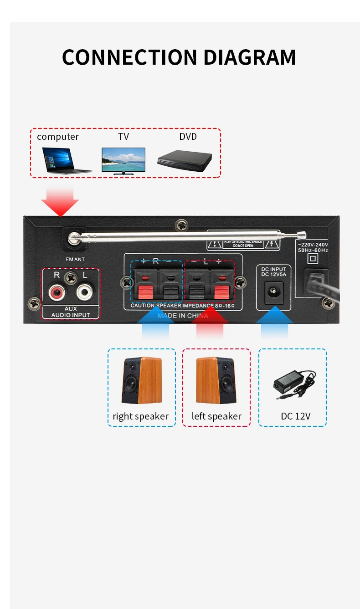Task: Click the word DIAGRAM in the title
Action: [249, 58]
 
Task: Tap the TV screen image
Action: [123, 160]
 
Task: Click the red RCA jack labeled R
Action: [58, 291]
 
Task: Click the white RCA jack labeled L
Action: [85, 291]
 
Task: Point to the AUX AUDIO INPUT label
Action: [71, 312]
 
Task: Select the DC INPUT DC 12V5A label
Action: [273, 271]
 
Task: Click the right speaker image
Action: [141, 380]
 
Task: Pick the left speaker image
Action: [216, 380]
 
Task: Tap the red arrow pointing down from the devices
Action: [60, 202]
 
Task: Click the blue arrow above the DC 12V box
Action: [274, 324]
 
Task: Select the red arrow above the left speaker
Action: [210, 324]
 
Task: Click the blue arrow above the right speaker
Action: [155, 324]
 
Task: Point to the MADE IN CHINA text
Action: [183, 316]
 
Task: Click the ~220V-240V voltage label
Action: [313, 245]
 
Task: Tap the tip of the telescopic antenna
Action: [301, 235]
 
